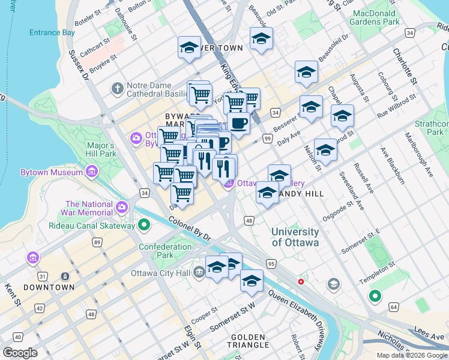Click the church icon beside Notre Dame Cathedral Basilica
click(117, 89)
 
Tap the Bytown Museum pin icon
click(92, 173)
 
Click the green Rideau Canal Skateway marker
click(143, 226)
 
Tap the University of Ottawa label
click(295, 237)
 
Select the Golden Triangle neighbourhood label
click(248, 341)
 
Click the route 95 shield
click(271, 263)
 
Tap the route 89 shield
click(96, 242)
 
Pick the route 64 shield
click(394, 307)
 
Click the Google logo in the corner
click(20, 352)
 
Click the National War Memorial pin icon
click(122, 207)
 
